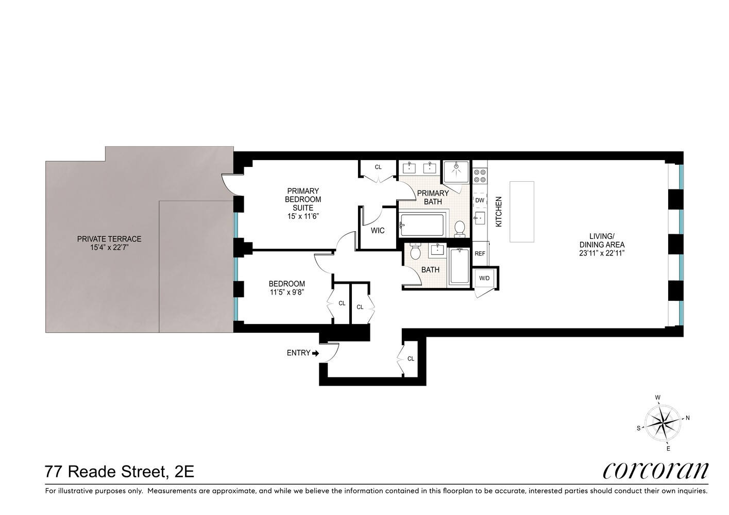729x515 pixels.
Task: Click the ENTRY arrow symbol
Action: (x=316, y=353)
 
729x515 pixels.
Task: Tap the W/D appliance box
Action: (x=484, y=279)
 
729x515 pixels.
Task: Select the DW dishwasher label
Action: (x=480, y=200)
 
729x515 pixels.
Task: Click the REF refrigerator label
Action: (x=480, y=253)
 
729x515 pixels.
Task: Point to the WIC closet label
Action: (x=378, y=231)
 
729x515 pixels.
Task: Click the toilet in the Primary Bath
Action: (x=460, y=228)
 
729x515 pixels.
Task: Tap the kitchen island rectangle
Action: (x=522, y=211)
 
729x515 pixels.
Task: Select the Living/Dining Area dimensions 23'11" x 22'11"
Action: (x=602, y=253)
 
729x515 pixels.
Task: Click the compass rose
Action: (x=664, y=421)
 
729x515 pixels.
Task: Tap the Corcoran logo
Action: (x=655, y=470)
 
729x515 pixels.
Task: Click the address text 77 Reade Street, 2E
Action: (x=120, y=471)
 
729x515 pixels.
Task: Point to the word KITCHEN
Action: (x=498, y=212)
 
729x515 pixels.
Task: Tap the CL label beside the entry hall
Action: (x=411, y=359)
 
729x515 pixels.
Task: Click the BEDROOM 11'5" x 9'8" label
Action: (x=287, y=287)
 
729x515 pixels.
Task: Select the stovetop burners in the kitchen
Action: (x=480, y=176)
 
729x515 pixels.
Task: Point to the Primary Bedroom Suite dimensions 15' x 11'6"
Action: (x=303, y=216)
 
